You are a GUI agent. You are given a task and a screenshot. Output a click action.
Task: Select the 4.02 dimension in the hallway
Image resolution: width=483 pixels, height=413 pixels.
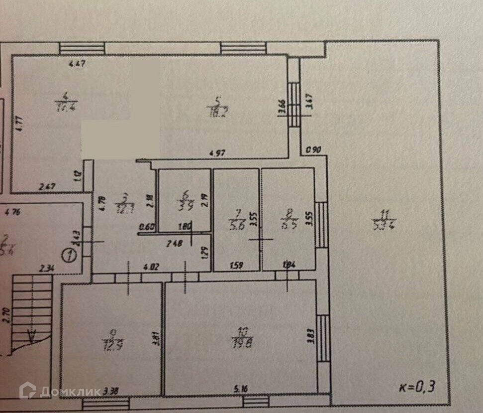[x=152, y=268]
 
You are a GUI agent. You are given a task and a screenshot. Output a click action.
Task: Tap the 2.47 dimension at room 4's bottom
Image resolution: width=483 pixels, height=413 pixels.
[x=47, y=187]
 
